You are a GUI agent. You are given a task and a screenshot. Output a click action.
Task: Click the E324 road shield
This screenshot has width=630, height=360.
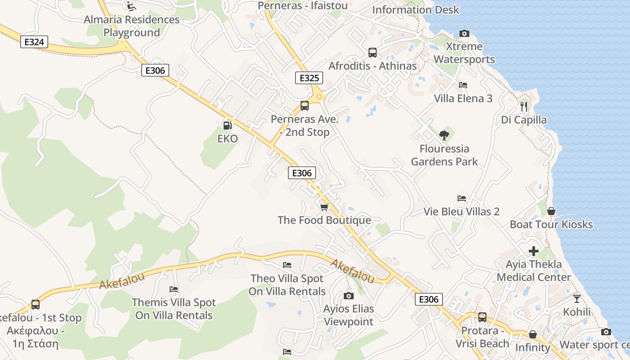pos(34,42)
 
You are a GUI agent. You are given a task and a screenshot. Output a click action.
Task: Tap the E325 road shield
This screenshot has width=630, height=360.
pos(309,78)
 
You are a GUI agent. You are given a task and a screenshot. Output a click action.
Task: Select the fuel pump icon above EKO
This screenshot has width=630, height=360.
pos(227,126)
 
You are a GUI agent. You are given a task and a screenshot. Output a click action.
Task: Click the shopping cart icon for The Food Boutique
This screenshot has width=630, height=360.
pos(324,207)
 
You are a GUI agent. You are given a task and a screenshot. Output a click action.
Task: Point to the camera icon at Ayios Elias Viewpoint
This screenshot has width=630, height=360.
pos(348,296)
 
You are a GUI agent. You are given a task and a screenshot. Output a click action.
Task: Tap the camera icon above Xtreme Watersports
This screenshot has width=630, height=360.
pos(464,33)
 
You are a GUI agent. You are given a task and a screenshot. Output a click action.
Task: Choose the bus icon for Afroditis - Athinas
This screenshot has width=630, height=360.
pos(372,53)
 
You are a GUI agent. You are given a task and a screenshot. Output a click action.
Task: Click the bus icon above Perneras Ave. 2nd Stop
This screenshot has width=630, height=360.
pos(305,106)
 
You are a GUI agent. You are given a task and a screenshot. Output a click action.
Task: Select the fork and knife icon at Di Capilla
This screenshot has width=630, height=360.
pos(523,107)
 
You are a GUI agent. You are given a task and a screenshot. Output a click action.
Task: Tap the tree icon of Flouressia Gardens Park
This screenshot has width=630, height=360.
pos(444,135)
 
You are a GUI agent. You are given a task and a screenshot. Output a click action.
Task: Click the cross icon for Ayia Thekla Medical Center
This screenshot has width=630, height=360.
pos(533,251)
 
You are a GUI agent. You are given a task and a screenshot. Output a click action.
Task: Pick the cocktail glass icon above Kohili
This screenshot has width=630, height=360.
pos(577,298)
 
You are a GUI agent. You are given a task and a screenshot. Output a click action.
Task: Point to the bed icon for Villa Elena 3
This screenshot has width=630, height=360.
pos(463,85)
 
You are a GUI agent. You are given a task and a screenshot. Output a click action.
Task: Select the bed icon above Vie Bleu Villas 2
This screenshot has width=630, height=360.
pos(461,198)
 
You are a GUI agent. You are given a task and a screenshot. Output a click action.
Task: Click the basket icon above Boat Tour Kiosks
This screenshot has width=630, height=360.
pos(551,211)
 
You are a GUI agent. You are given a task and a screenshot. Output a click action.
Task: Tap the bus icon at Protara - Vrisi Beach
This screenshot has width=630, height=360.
pos(482,317)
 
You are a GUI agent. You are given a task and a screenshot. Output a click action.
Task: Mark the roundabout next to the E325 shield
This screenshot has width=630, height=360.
pos(319,97)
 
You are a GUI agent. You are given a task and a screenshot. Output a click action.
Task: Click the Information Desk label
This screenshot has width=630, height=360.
pos(415,9)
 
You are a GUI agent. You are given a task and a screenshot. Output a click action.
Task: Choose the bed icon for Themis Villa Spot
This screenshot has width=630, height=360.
pos(173,289)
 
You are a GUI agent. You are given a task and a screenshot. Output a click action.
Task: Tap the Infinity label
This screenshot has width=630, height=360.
pos(532,347)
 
